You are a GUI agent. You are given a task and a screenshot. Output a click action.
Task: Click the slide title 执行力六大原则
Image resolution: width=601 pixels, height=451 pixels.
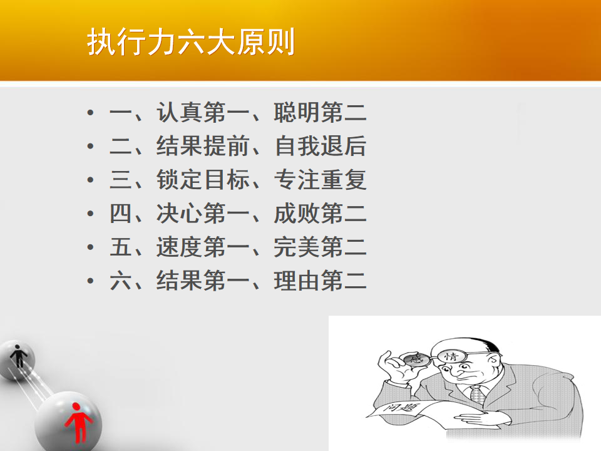point(191,42)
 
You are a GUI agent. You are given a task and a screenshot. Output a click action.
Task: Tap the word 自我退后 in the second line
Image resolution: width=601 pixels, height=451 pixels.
point(321,146)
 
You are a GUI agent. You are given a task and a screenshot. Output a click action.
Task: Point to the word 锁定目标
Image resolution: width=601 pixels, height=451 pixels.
point(203,180)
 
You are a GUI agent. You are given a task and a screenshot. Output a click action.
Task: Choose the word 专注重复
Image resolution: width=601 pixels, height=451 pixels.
point(321,180)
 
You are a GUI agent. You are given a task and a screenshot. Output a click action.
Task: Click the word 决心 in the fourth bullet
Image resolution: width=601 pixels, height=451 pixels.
point(180,213)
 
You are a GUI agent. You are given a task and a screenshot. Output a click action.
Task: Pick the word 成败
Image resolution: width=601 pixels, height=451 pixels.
point(297,213)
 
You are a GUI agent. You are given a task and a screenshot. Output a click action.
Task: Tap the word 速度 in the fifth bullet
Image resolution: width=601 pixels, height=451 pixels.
point(180,247)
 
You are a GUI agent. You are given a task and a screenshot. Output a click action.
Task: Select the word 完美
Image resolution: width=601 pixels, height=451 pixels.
point(297,247)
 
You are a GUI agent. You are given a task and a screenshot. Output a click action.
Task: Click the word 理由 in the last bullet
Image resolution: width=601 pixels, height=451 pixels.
point(297,281)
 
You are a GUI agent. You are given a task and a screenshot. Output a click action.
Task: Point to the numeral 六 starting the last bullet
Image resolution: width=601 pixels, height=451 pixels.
point(121,281)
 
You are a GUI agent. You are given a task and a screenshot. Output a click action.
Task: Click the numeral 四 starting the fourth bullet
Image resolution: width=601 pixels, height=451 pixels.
point(121,213)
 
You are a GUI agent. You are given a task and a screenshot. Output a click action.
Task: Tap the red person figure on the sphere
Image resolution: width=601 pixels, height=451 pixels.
point(78,422)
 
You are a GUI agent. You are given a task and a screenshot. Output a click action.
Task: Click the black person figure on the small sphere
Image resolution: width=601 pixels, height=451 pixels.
point(18,356)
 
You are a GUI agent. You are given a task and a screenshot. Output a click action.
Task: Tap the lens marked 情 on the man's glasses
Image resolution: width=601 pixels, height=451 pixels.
point(451,356)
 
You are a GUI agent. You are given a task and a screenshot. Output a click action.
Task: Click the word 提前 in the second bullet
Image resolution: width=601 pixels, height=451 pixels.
point(226,146)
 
